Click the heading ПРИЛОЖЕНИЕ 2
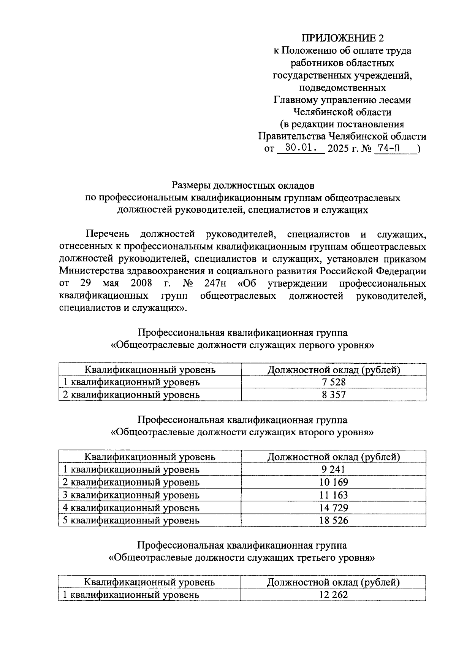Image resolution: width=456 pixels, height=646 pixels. [342, 38]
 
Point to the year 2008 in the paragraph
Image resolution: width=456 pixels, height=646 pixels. [141, 284]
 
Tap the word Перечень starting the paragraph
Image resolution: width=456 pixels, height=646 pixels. [108, 234]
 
